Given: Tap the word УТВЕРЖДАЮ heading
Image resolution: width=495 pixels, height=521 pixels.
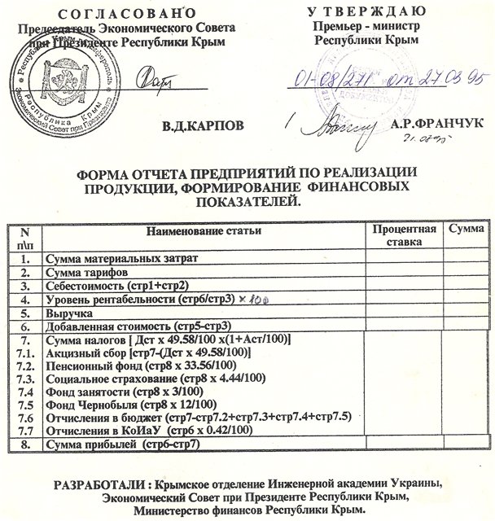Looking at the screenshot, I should coord(366,11).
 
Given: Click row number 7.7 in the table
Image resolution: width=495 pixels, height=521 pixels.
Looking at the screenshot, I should coord(25,431).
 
